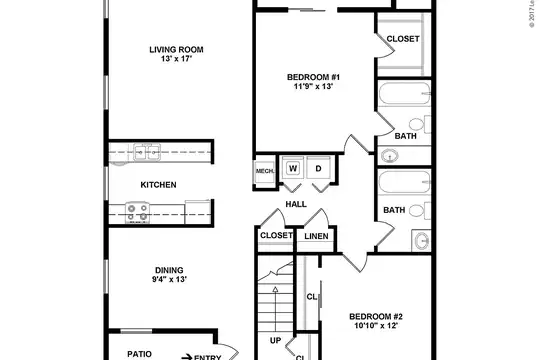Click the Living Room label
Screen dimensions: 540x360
[176, 50]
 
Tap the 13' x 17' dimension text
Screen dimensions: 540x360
[176, 59]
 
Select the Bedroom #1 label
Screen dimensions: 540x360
[313, 77]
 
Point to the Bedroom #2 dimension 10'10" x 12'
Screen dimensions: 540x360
[376, 326]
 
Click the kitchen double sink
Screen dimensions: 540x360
[147, 152]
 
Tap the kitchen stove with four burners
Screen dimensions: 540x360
[137, 213]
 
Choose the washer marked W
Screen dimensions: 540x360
[293, 168]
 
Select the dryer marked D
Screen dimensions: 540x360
[319, 168]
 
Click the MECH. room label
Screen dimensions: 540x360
[265, 171]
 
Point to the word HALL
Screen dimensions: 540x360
[296, 204]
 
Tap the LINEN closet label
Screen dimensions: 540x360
[316, 236]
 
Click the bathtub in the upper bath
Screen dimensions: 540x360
[405, 93]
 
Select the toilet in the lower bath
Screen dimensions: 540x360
[420, 210]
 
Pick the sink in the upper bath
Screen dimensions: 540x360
[390, 156]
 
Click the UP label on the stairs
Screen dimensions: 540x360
[275, 340]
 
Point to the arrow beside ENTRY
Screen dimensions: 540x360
[187, 357]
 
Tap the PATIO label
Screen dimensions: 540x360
[139, 354]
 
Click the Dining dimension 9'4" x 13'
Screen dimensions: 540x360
[169, 279]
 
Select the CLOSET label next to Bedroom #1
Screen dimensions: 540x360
[403, 39]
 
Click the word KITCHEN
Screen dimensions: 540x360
[158, 185]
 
